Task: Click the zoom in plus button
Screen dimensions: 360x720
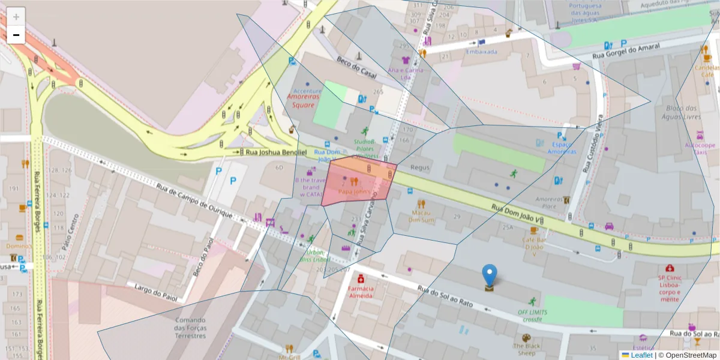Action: tap(16, 16)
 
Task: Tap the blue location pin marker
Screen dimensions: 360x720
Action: tap(490, 275)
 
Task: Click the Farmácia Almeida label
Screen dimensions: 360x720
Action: tap(361, 292)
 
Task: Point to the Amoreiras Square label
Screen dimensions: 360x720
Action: tap(303, 101)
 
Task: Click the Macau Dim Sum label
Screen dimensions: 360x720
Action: tap(421, 216)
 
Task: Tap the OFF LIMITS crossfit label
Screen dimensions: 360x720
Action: tap(532, 316)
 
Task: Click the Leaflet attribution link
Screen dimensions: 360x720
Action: tap(641, 355)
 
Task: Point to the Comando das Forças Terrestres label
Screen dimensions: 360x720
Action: tap(190, 328)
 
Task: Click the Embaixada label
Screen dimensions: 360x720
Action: tap(482, 52)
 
